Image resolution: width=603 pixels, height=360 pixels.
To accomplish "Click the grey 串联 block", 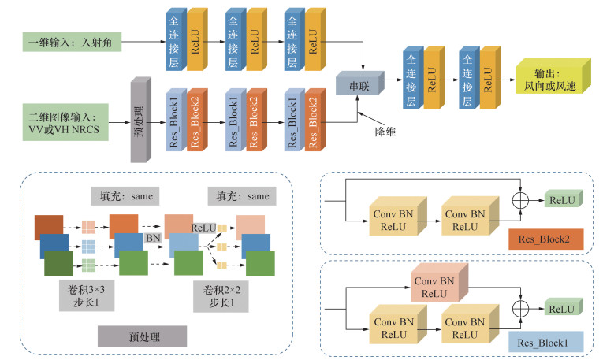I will [357, 82].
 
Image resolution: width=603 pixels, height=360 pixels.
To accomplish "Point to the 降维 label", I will [384, 131].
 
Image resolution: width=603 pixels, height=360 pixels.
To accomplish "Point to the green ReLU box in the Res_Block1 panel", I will [562, 309].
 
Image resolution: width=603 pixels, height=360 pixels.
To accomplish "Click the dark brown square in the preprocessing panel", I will [48, 226].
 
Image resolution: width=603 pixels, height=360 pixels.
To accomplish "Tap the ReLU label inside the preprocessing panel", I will [203, 228].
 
